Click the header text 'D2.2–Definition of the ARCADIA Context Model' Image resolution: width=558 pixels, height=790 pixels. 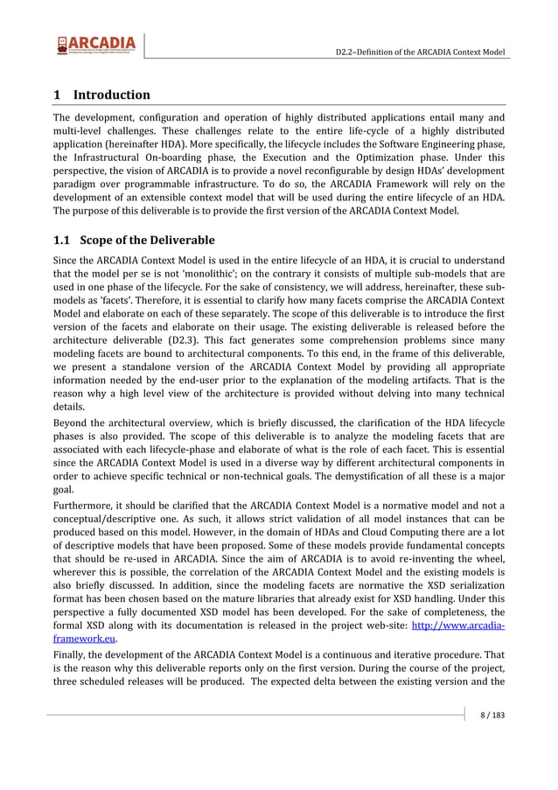pos(421,52)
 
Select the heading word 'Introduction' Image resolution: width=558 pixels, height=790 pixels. pos(112,94)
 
